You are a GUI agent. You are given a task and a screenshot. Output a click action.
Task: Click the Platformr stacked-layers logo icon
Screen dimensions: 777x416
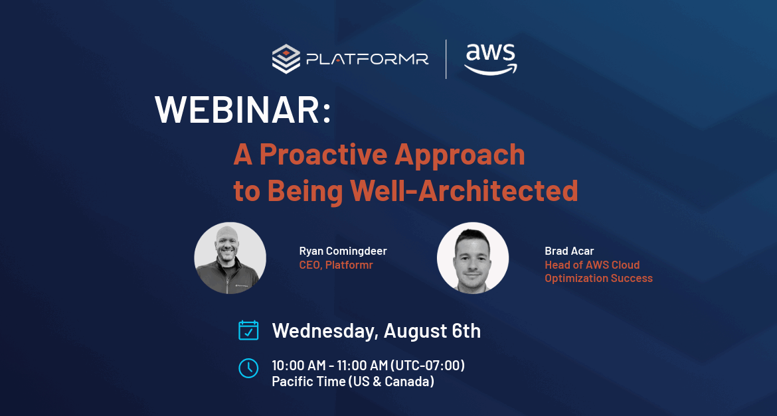(x=286, y=59)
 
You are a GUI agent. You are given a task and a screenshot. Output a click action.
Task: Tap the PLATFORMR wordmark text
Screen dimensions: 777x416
(x=367, y=60)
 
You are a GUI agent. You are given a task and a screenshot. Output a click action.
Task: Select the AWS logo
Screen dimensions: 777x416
(x=491, y=59)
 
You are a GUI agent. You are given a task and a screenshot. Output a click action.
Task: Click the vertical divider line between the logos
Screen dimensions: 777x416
(x=446, y=59)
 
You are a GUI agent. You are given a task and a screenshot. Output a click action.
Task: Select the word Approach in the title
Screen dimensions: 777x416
(x=460, y=155)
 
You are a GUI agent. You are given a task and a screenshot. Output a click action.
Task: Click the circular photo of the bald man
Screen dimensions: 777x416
(x=230, y=258)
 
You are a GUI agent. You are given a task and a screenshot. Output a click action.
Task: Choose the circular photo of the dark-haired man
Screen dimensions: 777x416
(x=473, y=258)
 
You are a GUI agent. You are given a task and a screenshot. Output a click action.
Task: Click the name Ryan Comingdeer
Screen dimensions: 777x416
(x=343, y=251)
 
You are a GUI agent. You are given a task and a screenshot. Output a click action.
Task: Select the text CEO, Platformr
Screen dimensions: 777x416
(x=336, y=265)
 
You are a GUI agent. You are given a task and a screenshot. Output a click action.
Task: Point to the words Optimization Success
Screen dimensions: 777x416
(x=598, y=278)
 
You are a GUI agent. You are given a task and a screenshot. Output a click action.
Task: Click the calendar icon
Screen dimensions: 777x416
(x=248, y=330)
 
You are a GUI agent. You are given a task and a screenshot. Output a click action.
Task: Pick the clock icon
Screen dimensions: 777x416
(x=248, y=368)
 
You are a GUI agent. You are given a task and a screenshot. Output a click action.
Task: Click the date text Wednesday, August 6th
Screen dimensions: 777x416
(x=376, y=331)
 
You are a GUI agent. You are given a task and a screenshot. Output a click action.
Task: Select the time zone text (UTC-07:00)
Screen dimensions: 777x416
(x=428, y=366)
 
